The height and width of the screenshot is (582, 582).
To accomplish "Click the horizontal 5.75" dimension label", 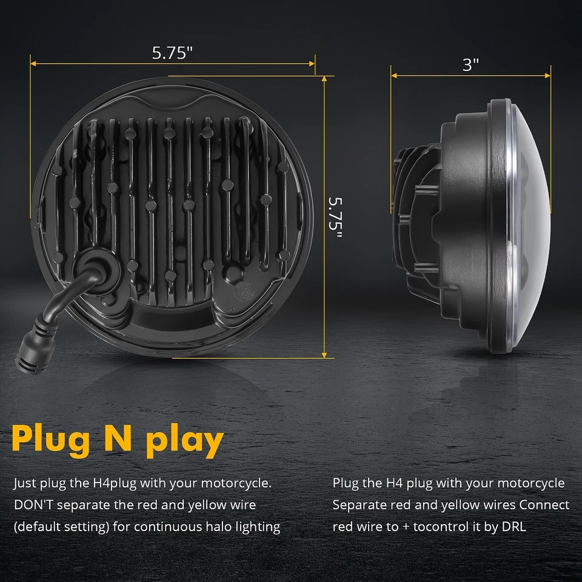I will (172, 53).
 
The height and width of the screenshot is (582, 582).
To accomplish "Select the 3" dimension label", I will (470, 65).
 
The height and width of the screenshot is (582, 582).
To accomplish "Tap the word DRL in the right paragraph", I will (513, 526).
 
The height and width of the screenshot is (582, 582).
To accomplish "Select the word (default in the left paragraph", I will (37, 526).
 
